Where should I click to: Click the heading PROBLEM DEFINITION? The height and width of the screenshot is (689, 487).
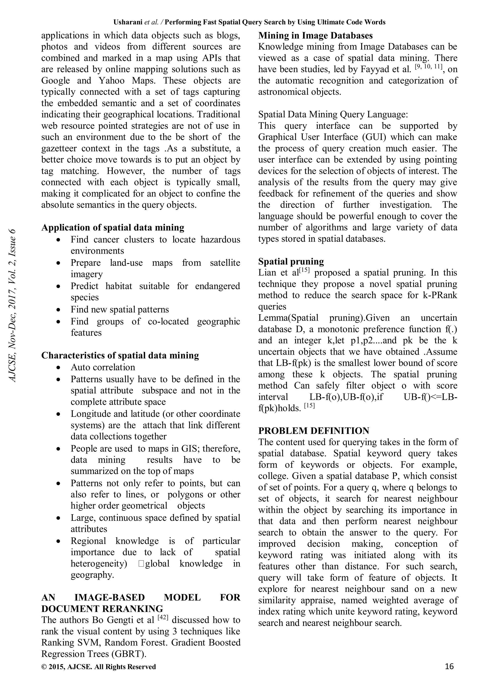[x=314, y=431]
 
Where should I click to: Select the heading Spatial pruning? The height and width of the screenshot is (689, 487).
[x=291, y=261]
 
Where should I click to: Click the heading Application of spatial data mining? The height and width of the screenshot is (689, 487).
[x=113, y=228]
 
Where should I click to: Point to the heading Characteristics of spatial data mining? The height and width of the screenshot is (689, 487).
[x=120, y=355]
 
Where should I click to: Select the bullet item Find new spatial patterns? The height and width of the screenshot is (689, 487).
[x=120, y=309]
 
